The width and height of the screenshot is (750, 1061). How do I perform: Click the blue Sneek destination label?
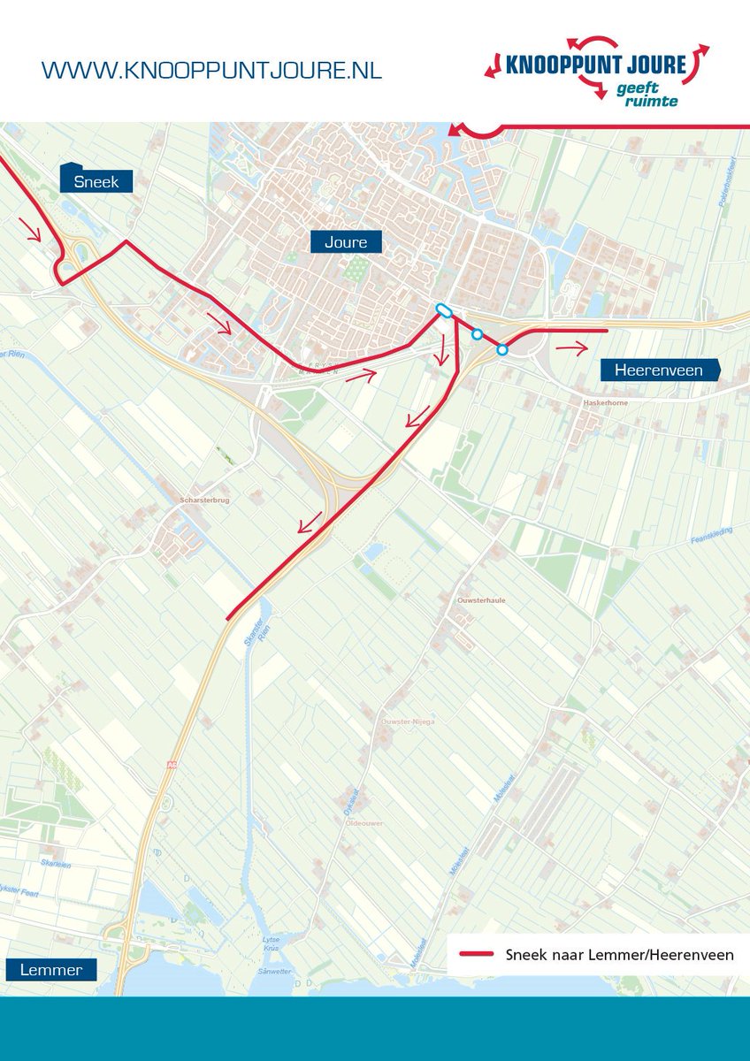(96, 181)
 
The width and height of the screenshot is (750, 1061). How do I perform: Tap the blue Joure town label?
(345, 241)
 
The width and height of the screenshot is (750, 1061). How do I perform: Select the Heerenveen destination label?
(658, 370)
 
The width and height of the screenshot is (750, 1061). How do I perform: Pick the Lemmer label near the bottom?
(50, 970)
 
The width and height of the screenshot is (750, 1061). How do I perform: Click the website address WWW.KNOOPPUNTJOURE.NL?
(211, 71)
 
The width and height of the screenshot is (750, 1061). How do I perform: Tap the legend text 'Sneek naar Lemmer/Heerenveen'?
(619, 955)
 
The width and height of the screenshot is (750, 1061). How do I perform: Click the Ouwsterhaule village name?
(480, 600)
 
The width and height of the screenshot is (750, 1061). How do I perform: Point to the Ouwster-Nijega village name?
(408, 721)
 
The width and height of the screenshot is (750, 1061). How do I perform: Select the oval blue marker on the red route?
(444, 310)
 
